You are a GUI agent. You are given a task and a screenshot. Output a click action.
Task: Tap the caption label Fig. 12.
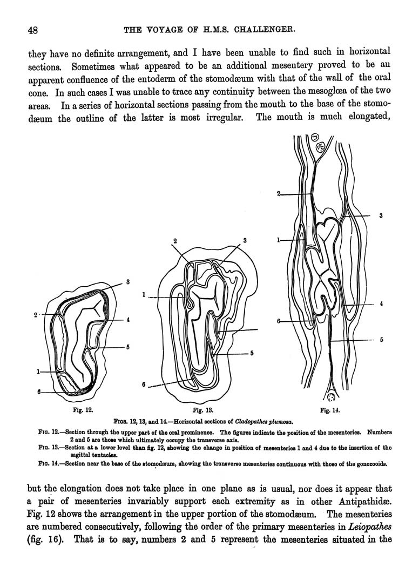click(x=83, y=410)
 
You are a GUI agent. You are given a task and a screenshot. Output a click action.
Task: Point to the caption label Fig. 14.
click(x=329, y=410)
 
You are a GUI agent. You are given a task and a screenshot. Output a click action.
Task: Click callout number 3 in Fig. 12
click(x=127, y=281)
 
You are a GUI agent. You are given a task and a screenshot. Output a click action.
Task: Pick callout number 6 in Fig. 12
click(x=39, y=393)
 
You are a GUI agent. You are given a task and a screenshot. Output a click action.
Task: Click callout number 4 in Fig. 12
click(x=128, y=320)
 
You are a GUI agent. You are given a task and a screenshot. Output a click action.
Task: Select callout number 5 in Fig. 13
click(x=252, y=354)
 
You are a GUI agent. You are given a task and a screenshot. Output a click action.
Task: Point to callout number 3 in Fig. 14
click(x=380, y=215)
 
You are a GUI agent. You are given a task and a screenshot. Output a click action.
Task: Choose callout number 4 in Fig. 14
click(x=381, y=304)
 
